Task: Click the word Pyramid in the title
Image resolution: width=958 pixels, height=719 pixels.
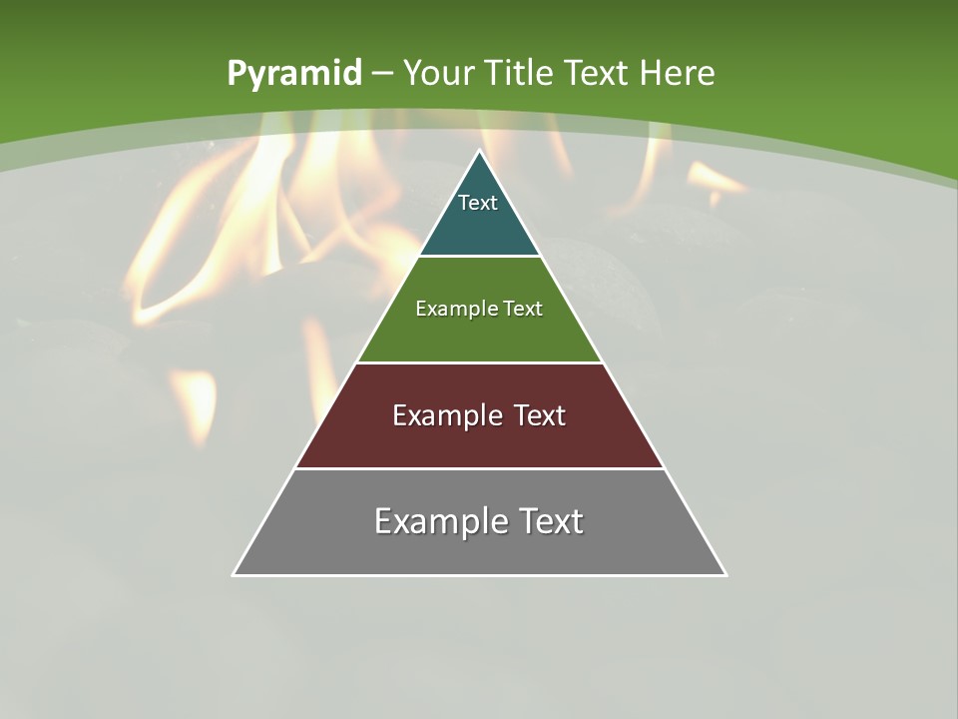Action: coord(293,74)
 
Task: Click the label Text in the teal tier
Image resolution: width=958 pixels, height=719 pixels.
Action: coord(478,203)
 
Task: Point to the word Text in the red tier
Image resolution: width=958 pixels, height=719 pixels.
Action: coord(539,415)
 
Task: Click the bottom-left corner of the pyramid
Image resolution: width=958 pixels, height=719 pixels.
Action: coord(235,574)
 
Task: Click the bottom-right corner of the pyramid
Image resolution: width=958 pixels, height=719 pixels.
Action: coord(725,574)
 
